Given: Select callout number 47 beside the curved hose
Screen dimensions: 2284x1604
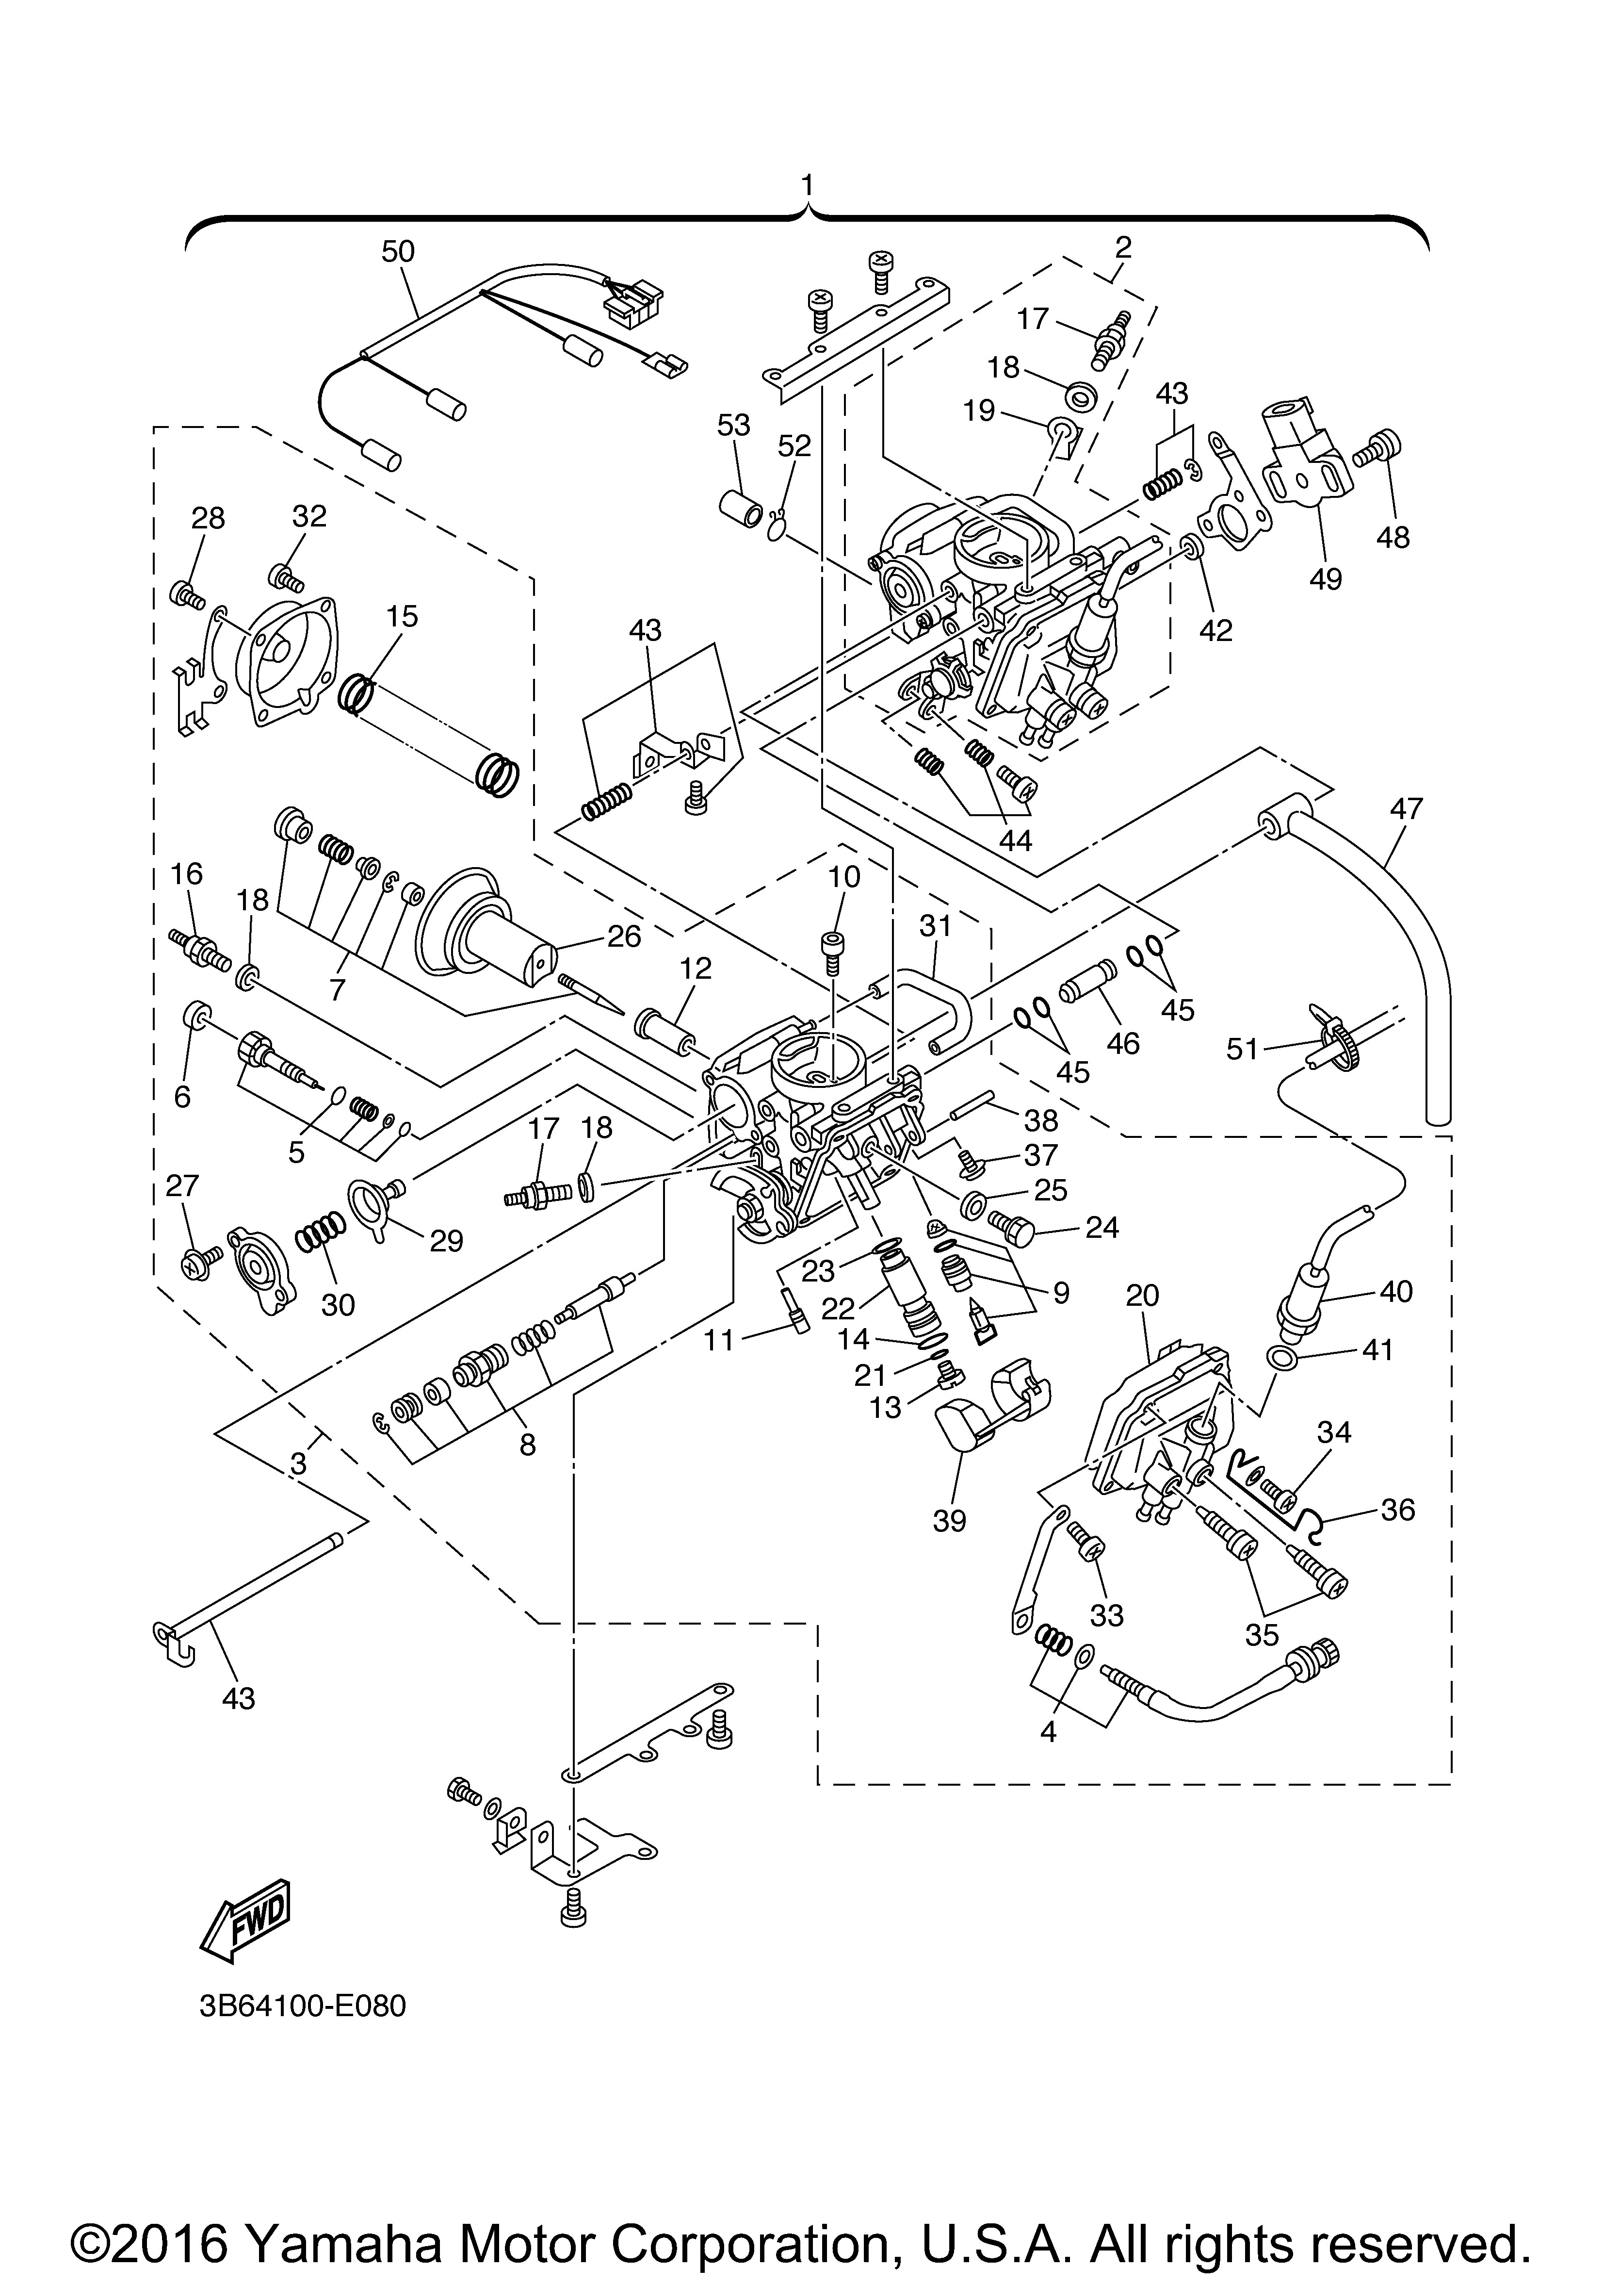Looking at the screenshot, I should (x=1407, y=809).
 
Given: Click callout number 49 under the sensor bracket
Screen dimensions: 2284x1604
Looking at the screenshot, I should (x=1327, y=578).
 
